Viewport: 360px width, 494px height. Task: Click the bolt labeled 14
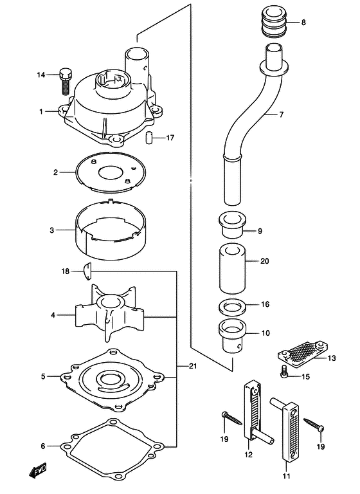pyautogui.click(x=65, y=81)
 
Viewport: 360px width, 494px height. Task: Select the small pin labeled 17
pyautogui.click(x=149, y=138)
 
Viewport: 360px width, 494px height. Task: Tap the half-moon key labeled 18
pyautogui.click(x=87, y=271)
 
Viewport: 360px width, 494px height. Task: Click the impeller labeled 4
pyautogui.click(x=109, y=313)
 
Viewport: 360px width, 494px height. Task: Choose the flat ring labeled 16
pyautogui.click(x=233, y=308)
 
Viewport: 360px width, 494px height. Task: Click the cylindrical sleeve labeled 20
pyautogui.click(x=232, y=269)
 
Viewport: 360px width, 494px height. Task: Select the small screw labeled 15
pyautogui.click(x=283, y=371)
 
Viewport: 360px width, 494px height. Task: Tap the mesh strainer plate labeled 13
pyautogui.click(x=303, y=354)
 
